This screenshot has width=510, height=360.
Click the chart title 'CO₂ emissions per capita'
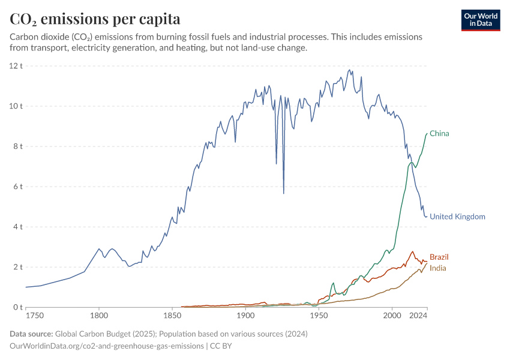pyautogui.click(x=95, y=19)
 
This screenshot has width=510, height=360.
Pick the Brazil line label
pyautogui.click(x=439, y=257)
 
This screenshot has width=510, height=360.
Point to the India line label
pyautogui.click(x=438, y=268)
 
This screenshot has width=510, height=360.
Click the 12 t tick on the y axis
pyautogui.click(x=16, y=65)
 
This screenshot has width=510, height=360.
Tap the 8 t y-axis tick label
pyautogui.click(x=17, y=146)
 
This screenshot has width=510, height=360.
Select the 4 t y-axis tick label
pyautogui.click(x=17, y=227)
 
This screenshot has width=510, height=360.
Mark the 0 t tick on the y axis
pyautogui.click(x=17, y=307)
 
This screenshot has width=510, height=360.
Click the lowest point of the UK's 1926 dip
pyautogui.click(x=284, y=193)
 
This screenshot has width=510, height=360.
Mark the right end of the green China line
pyautogui.click(x=427, y=133)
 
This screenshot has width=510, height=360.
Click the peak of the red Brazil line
pyautogui.click(x=412, y=251)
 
